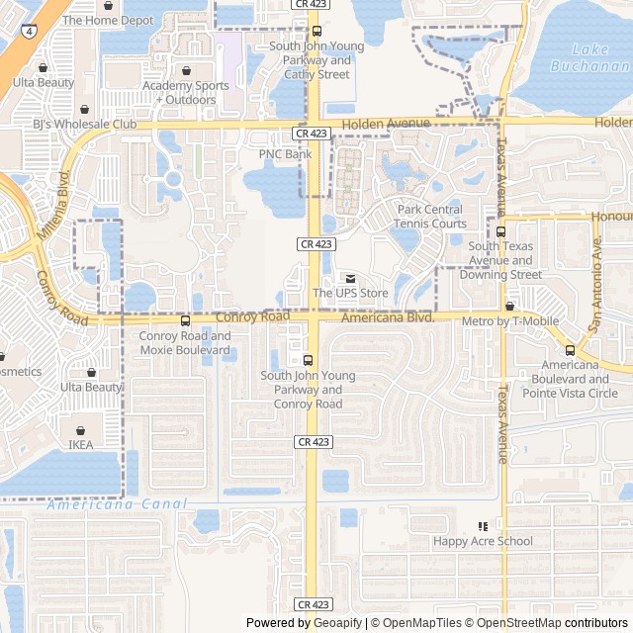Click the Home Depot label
108,20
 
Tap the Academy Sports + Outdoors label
186,92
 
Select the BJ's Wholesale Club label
84,125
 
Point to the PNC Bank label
285,154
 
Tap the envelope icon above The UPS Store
350,278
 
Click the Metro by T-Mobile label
510,321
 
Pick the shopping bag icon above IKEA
80,430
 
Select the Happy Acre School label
483,541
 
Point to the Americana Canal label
117,504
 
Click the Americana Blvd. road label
388,317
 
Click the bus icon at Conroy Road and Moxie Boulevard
185,320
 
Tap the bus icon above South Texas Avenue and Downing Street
500,230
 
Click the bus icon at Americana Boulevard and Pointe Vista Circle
570,350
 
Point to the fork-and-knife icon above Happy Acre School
483,526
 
